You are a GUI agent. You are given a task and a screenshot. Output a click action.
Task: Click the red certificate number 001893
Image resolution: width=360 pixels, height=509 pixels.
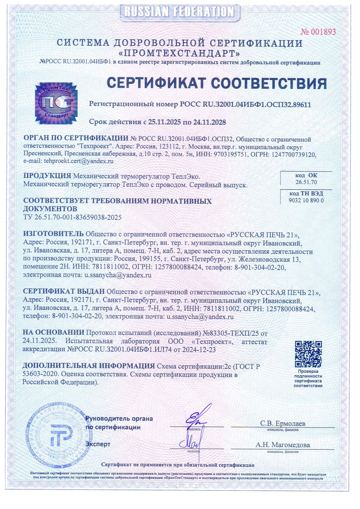tap(318, 32)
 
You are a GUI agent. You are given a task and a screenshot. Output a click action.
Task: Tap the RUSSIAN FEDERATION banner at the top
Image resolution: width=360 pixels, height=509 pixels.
tap(179, 12)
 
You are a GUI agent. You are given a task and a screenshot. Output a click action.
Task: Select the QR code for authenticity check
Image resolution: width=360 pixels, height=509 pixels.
tap(308, 354)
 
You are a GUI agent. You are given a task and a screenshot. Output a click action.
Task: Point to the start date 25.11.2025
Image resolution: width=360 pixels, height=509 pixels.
tap(164, 122)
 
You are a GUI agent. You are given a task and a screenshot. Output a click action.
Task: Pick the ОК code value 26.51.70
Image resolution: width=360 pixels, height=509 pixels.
tap(306, 182)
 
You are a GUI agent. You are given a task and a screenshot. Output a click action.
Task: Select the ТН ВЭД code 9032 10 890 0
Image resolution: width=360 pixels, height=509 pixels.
tap(306, 200)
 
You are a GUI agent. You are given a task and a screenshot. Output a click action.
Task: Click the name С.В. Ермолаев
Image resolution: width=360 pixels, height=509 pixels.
tap(282, 423)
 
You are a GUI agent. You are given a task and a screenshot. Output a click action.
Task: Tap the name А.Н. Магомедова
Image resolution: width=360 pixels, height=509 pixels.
tap(282, 445)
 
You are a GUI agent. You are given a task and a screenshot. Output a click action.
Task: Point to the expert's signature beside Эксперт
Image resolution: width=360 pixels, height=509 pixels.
tap(189, 442)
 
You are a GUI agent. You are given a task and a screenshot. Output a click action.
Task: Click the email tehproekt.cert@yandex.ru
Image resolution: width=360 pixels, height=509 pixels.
tap(78, 161)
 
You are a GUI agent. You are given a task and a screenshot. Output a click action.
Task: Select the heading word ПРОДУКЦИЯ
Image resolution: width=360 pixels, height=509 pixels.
tap(47, 176)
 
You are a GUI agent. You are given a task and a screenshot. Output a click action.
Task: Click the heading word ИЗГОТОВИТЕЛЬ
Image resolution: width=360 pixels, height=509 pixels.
tap(53, 234)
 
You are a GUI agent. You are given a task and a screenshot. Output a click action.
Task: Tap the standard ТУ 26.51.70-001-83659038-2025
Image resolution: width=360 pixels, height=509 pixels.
tap(72, 217)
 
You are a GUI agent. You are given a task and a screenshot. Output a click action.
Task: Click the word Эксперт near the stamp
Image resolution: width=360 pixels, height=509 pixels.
tap(98, 444)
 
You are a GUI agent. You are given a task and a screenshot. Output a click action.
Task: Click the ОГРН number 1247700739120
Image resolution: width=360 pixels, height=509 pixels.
tap(294, 155)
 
